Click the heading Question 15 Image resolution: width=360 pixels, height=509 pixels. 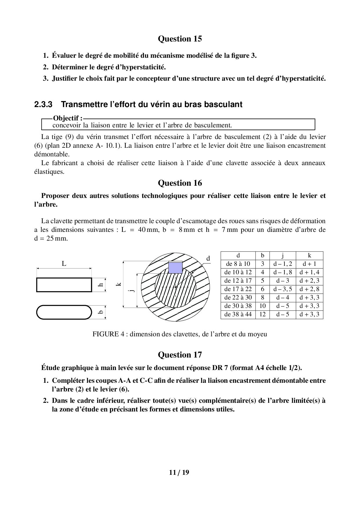point(180,39)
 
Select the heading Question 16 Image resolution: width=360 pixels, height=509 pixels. point(180,183)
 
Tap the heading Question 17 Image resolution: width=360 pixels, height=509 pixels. point(180,355)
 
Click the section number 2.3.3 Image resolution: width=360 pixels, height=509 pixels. point(43,104)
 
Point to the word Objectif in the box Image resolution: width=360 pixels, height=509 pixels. point(66,118)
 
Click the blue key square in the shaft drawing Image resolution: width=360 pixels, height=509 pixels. point(175,267)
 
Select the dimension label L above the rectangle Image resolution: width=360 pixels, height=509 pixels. point(64,264)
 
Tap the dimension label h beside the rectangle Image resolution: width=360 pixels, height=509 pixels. point(101,285)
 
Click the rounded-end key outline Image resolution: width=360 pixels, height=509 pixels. point(64,312)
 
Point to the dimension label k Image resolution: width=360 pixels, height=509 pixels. point(118,284)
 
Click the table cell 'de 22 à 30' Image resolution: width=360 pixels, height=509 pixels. point(238,297)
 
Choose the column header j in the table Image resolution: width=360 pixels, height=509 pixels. point(282,256)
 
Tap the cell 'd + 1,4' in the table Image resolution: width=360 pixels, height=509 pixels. point(309,272)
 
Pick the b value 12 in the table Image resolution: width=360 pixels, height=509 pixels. point(262,314)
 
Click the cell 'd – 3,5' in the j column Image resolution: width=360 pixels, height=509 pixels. point(282,289)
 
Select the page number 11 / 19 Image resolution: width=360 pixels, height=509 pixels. point(179,472)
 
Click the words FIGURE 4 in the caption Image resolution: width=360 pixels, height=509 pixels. point(106,334)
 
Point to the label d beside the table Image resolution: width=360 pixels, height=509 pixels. point(208,258)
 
